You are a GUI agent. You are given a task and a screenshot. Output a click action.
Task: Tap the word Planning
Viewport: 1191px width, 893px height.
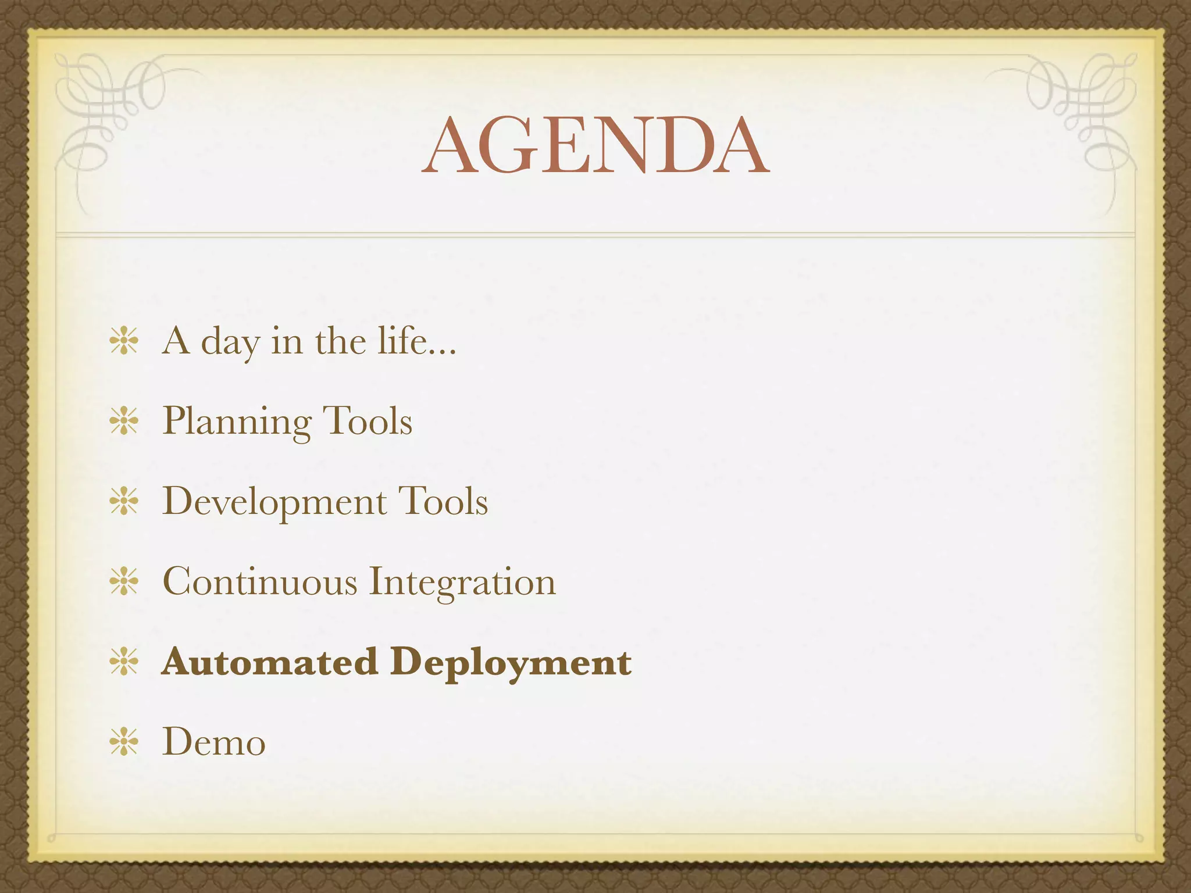point(237,421)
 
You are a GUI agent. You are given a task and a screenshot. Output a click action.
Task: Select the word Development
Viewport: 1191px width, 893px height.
point(274,501)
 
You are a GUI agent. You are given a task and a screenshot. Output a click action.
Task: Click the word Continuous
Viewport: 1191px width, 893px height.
point(259,581)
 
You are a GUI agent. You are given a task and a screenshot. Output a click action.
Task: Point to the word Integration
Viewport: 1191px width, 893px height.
point(462,582)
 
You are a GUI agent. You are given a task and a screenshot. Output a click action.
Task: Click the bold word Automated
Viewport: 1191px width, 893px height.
point(270,662)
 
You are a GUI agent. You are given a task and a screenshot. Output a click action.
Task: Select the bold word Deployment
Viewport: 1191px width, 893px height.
point(511,663)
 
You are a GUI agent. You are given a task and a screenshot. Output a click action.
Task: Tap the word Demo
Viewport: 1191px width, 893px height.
point(213,742)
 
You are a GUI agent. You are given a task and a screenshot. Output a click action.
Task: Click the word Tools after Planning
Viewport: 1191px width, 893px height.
point(367,421)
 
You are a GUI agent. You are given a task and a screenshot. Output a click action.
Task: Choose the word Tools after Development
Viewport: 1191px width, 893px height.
point(443,501)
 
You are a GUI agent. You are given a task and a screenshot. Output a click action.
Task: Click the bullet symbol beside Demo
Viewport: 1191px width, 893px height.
point(124,742)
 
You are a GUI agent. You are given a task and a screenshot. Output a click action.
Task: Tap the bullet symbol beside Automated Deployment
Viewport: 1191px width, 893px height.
point(124,662)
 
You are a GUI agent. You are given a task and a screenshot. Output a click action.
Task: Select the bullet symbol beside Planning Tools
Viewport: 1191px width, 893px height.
point(124,421)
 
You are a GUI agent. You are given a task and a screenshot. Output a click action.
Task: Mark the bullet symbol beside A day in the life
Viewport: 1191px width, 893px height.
point(124,341)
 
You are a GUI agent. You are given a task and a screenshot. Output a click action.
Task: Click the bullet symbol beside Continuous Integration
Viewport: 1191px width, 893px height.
point(124,581)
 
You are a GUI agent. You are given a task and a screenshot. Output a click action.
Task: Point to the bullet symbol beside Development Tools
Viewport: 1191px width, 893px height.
point(124,501)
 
